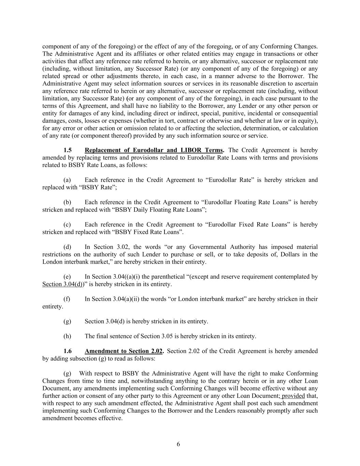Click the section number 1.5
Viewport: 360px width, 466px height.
tap(68, 150)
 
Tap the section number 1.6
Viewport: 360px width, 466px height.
tap(68, 351)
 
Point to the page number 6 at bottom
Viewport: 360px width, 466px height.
tap(178, 444)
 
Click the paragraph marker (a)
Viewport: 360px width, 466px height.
tap(67, 180)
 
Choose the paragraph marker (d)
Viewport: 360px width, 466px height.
tap(67, 247)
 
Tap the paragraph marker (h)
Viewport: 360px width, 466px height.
tap(67, 336)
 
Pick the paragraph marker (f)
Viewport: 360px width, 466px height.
tap(67, 299)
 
